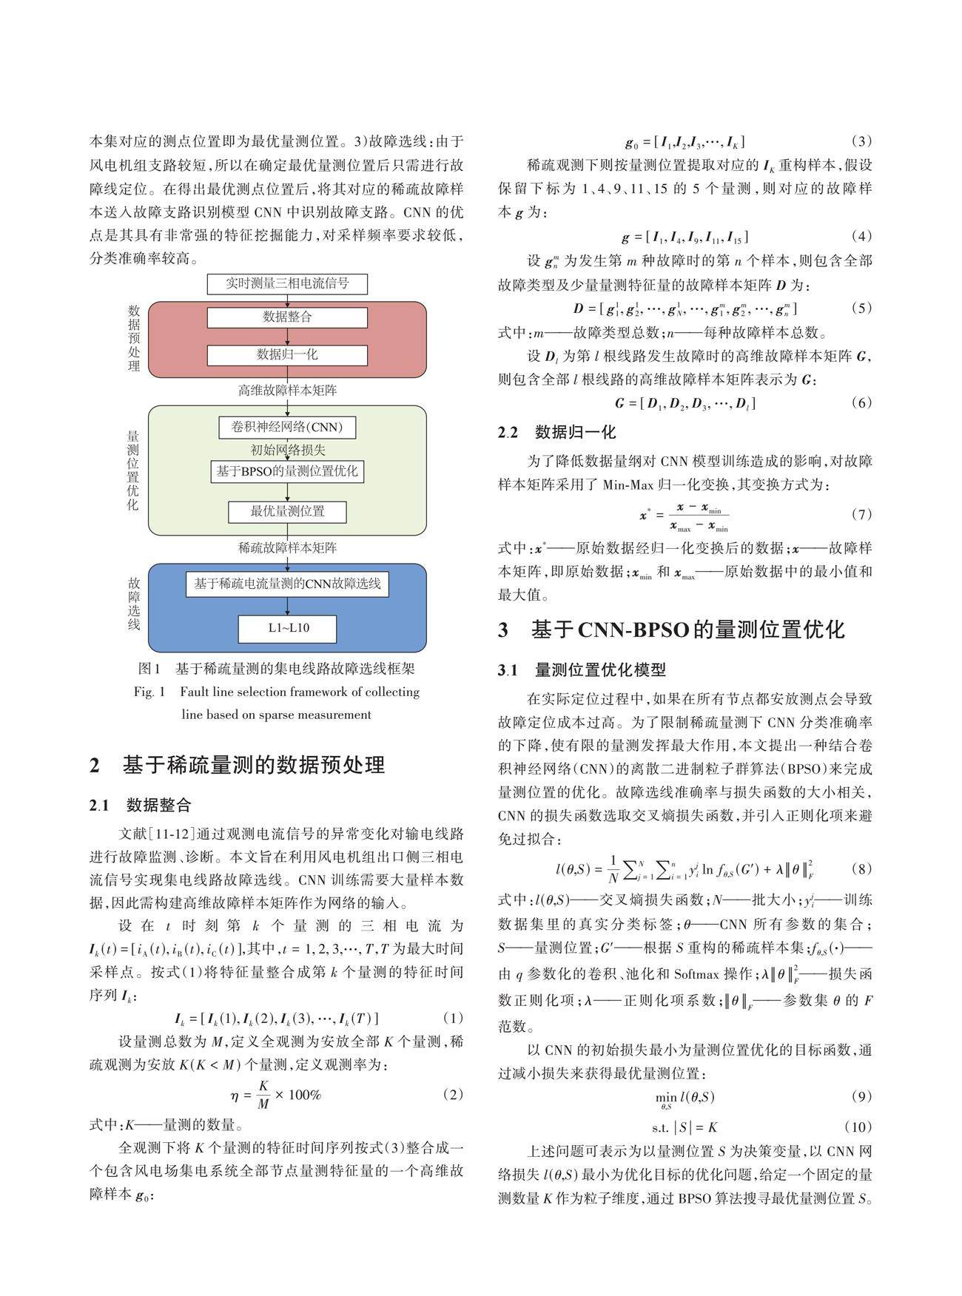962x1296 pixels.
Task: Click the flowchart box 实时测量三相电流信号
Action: click(x=287, y=283)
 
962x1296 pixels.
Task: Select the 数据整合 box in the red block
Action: click(x=287, y=317)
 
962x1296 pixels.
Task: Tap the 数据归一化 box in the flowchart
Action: click(x=287, y=355)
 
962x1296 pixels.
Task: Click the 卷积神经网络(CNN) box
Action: click(x=287, y=428)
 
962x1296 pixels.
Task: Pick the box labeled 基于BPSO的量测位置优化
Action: click(x=287, y=471)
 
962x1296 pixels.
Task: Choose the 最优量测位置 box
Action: click(x=287, y=511)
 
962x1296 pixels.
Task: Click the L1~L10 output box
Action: click(x=287, y=629)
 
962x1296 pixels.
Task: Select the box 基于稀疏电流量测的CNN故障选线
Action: click(x=287, y=584)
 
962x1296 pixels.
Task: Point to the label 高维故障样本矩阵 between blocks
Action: click(x=287, y=390)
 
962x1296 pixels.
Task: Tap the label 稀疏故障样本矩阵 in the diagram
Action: click(x=287, y=548)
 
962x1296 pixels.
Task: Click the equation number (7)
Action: click(x=861, y=514)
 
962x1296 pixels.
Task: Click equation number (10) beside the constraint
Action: click(x=858, y=1127)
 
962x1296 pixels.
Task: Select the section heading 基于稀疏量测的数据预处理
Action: click(x=253, y=765)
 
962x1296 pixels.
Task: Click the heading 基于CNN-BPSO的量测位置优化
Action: click(x=687, y=630)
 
